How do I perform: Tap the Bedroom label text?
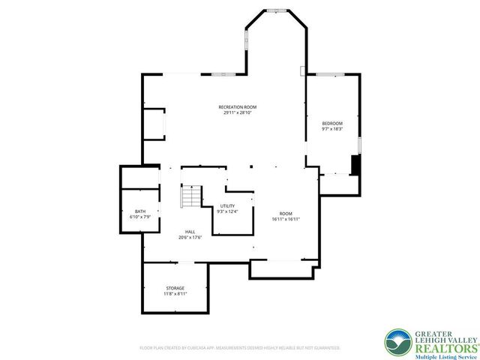coord(332,123)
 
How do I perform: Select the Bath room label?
coord(140,211)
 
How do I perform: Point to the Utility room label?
coord(227,206)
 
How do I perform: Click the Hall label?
coord(190,232)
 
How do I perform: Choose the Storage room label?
coord(175,288)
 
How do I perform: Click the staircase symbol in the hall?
coord(191,197)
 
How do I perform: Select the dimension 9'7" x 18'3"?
coord(332,129)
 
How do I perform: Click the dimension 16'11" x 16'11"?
coord(286,219)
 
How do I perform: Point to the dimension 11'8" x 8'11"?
coord(175,293)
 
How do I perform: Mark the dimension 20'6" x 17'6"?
coord(190,238)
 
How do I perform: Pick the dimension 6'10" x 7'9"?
coord(140,217)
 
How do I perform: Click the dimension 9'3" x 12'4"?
coord(227,211)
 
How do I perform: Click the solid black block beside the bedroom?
coord(356,165)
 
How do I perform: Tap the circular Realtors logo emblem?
coord(397,342)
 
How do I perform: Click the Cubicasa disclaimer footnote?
coord(240,348)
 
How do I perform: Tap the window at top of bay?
coord(277,10)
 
